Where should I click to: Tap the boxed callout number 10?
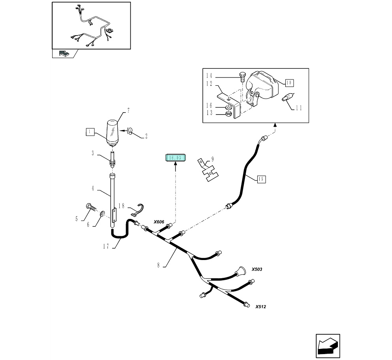click(289, 83)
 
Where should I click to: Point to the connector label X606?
click(158, 222)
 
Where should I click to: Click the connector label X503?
click(257, 269)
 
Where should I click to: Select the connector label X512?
click(260, 307)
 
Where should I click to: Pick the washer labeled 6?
click(102, 214)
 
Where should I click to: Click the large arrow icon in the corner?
click(328, 346)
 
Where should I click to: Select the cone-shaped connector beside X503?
click(238, 271)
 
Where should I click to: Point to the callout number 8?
click(158, 265)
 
